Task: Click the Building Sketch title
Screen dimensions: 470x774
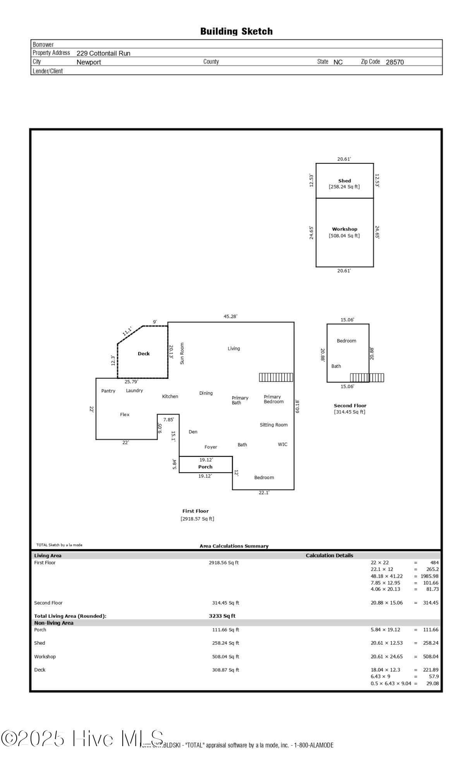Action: point(236,31)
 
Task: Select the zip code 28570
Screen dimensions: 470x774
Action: point(395,62)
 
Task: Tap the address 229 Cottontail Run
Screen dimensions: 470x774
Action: point(103,53)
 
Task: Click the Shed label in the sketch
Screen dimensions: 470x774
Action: point(345,181)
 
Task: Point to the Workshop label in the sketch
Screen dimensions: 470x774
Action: point(345,229)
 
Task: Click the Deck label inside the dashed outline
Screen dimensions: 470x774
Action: point(144,353)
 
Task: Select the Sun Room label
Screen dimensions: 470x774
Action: point(182,353)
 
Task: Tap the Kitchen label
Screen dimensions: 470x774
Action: point(170,396)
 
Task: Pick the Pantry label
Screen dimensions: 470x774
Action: point(108,391)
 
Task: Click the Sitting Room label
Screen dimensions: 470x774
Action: point(274,425)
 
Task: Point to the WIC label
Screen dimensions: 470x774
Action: point(283,444)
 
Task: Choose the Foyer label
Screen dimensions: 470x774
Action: point(211,447)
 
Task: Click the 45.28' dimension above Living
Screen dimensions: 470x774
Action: point(230,316)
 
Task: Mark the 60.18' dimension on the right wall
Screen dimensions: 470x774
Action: point(297,407)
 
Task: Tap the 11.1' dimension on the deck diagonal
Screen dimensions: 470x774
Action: point(127,332)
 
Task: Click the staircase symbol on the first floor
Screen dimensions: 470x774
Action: point(276,377)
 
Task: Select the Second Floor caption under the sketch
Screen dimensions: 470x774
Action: point(350,406)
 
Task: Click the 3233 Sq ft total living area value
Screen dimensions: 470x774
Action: point(222,616)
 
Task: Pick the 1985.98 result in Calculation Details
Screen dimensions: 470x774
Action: point(429,576)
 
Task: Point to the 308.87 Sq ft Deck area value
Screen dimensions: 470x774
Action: point(226,670)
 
